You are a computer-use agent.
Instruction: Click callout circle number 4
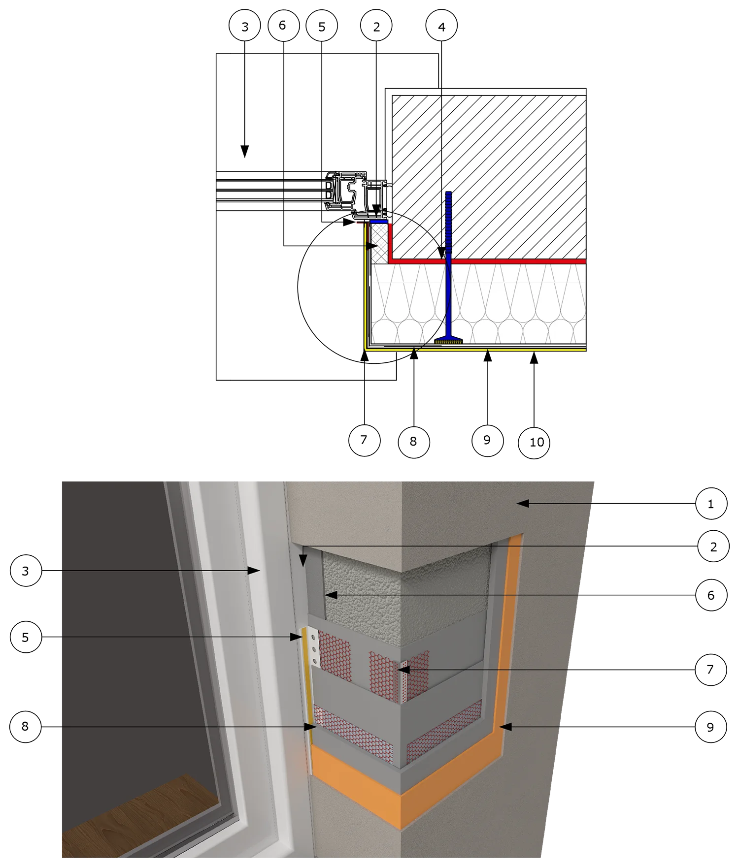tap(441, 26)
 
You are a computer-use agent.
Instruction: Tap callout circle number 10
tap(535, 442)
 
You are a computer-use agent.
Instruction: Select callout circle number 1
tap(711, 503)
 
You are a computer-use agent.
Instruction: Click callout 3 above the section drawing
tap(245, 26)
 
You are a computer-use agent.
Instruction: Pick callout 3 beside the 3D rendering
tap(26, 571)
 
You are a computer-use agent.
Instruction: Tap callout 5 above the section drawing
tap(322, 26)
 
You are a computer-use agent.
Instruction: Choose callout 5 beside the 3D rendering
tap(26, 637)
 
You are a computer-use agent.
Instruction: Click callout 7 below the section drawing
tap(364, 440)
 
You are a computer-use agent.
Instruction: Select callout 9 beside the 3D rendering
tap(710, 727)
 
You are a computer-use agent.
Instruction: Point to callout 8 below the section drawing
tap(413, 442)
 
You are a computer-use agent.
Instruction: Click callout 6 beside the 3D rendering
tap(711, 595)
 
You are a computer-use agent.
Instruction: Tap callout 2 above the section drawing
tap(376, 26)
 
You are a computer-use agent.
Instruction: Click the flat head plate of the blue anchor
tap(448, 340)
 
